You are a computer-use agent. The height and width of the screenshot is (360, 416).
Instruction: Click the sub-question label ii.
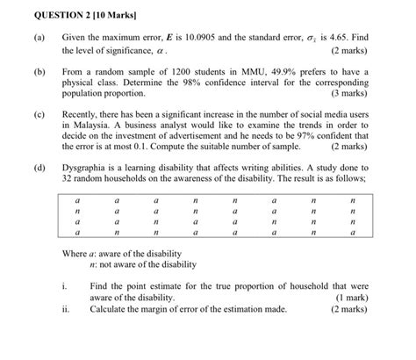click(67, 309)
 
